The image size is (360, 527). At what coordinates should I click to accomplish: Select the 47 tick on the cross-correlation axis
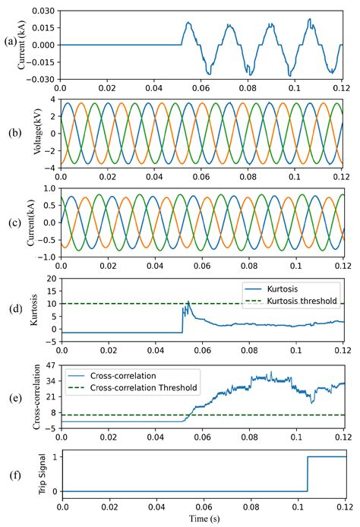[50, 367]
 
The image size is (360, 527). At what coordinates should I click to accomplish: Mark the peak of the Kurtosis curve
[189, 301]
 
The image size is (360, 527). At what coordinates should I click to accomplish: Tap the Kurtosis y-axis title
[33, 311]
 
